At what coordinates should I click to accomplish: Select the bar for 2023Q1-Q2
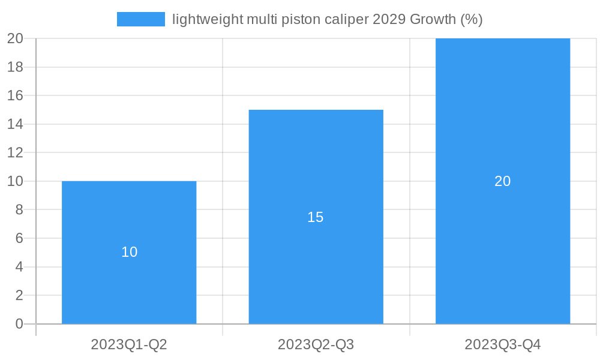(129, 282)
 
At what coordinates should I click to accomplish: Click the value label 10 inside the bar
(130, 252)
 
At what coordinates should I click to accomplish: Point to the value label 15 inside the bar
(316, 217)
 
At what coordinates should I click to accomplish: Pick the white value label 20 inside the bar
(503, 181)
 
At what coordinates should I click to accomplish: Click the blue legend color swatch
(141, 19)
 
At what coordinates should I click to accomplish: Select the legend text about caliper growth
(327, 19)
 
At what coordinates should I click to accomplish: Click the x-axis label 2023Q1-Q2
(129, 344)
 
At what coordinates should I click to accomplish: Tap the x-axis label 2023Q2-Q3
(316, 344)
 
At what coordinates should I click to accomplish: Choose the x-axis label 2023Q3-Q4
(503, 344)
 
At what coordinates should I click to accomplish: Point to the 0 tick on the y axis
(19, 324)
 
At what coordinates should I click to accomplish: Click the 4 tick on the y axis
(19, 267)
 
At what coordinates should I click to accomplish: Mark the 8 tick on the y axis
(19, 210)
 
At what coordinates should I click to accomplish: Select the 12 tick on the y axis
(15, 152)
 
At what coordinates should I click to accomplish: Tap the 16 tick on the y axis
(15, 95)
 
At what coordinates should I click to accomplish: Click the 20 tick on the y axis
(15, 38)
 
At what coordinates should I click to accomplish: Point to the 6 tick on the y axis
(19, 238)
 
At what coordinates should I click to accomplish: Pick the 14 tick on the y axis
(15, 124)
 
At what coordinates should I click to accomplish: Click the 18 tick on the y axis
(15, 67)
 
